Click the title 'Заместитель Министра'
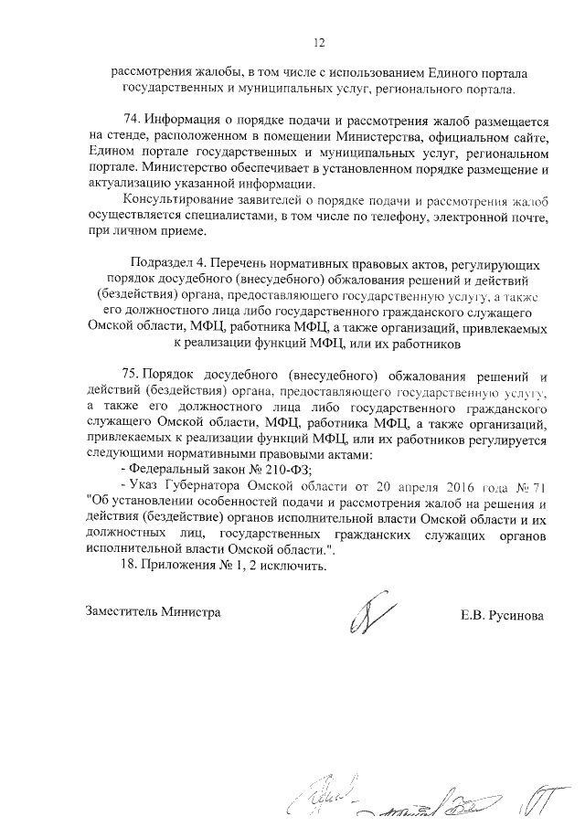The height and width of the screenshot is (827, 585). (x=153, y=612)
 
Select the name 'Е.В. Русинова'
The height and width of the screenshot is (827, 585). (x=502, y=615)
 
